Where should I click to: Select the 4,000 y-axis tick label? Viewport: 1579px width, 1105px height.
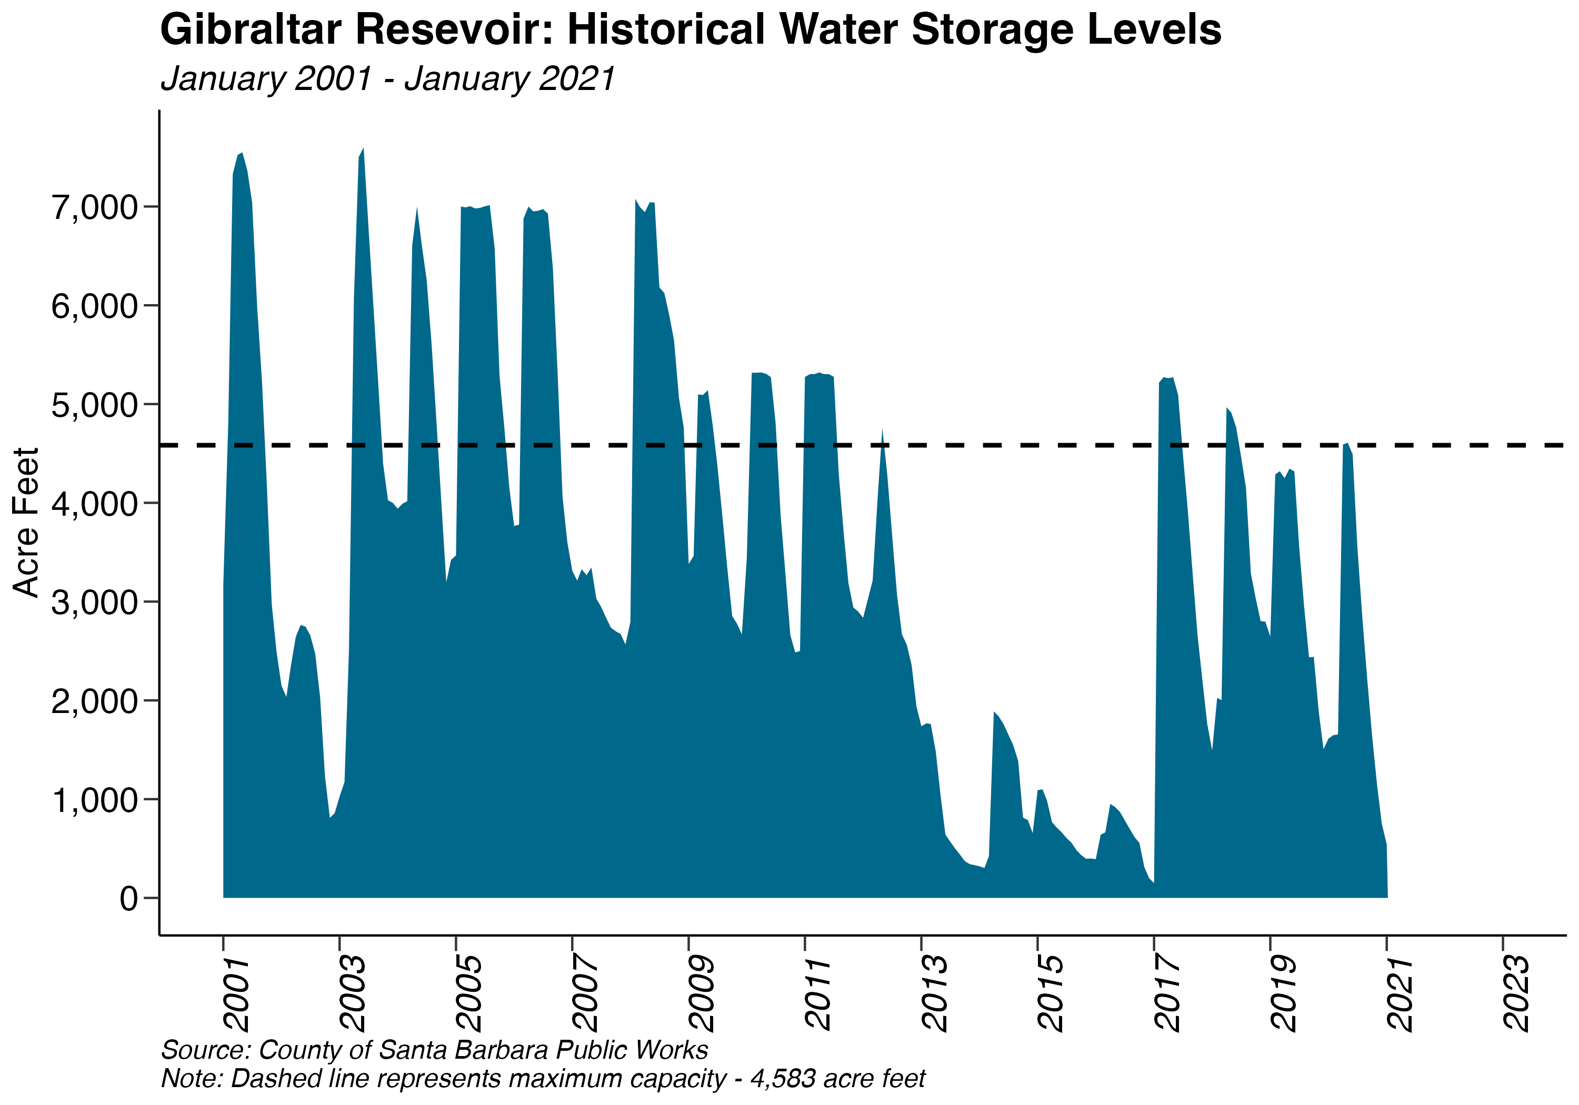95,504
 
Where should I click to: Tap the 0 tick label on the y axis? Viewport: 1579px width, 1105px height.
128,899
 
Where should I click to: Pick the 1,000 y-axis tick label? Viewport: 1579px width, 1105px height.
95,800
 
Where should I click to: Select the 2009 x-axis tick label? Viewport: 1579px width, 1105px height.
702,993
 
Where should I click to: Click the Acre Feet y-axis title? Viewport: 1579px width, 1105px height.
26,522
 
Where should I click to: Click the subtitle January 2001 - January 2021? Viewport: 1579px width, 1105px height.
387,78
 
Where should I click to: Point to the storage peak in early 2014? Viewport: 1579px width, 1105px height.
994,712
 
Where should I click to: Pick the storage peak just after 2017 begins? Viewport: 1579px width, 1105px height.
1165,378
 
